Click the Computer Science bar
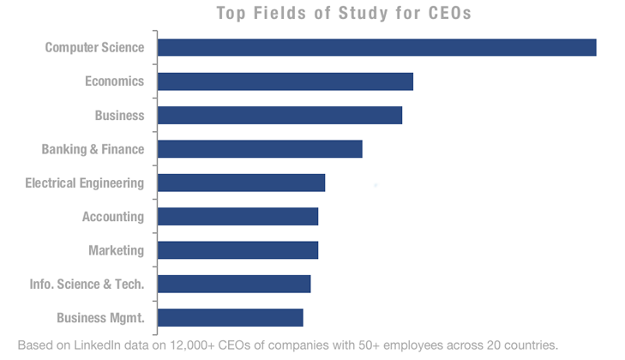coord(376,48)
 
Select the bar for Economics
coord(285,81)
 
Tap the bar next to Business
coord(279,115)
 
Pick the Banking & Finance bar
coord(260,149)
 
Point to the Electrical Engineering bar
coord(241,183)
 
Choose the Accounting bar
coord(237,217)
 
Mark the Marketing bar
coord(237,250)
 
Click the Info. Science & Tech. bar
coord(233,284)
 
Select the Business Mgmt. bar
coord(230,318)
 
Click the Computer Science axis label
coord(94,48)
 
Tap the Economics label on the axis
coord(114,81)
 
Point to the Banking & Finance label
coord(93,149)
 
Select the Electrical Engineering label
coord(84,183)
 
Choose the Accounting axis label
coord(112,217)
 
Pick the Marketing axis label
coord(116,250)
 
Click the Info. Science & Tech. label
coord(87,284)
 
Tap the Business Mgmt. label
coord(99,318)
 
